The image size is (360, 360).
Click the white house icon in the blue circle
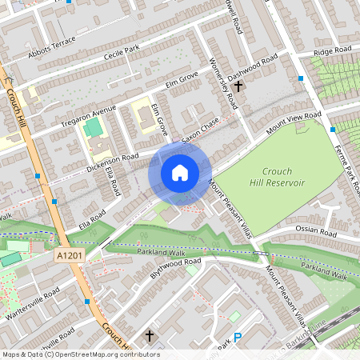tap(180, 173)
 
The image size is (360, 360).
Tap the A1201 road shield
tap(68, 255)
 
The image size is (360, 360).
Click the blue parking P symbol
tap(237, 338)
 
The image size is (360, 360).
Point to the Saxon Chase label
tap(200, 130)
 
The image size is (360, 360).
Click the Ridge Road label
tap(333, 51)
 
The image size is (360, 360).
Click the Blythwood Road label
tap(175, 267)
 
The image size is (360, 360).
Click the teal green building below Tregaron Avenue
tap(94, 127)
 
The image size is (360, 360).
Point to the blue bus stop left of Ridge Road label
tap(301, 79)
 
